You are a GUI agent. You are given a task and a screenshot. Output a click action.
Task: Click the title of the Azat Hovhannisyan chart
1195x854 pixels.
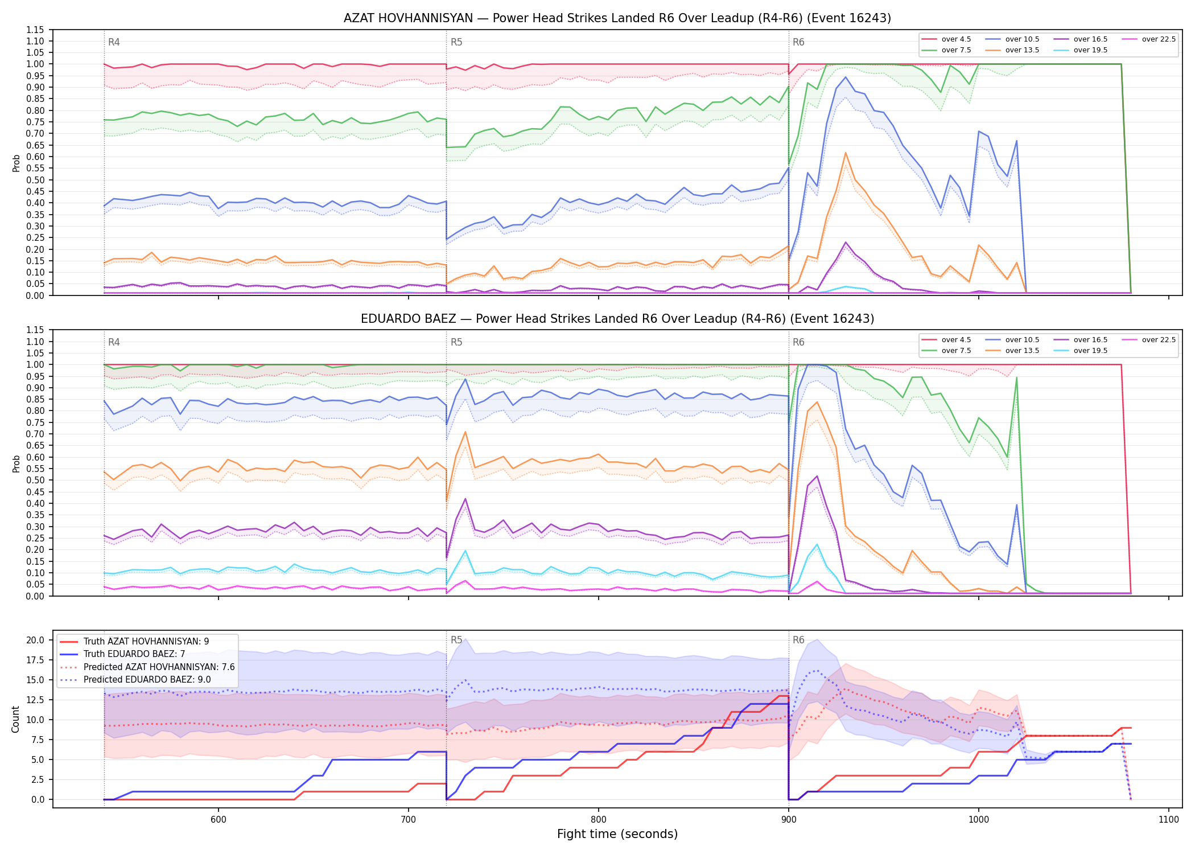(x=617, y=18)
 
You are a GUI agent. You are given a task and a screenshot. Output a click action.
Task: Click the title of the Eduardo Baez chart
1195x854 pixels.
(x=617, y=319)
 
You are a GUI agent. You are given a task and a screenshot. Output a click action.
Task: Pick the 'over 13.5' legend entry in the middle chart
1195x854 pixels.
(x=1012, y=351)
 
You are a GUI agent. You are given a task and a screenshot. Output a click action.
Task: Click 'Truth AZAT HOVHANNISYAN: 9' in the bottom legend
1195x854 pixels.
(x=134, y=642)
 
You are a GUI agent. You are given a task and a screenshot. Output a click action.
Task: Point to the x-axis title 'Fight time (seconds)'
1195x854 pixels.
(x=617, y=834)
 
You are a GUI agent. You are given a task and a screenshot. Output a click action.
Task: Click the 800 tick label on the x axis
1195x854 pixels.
(x=598, y=819)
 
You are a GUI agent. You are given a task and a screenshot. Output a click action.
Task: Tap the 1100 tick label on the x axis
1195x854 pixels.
(x=1168, y=819)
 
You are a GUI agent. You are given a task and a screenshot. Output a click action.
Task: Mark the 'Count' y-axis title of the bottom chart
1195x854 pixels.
(x=15, y=720)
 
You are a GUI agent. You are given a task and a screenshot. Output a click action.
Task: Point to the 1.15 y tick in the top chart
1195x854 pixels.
(x=35, y=30)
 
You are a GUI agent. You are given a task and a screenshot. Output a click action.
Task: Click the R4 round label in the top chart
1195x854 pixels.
(x=114, y=42)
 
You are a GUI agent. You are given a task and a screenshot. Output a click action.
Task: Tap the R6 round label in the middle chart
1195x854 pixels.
(x=798, y=342)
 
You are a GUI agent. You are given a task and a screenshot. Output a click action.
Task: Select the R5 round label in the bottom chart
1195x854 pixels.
(x=456, y=640)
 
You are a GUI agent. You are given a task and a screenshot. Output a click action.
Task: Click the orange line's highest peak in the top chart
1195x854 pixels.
(x=846, y=153)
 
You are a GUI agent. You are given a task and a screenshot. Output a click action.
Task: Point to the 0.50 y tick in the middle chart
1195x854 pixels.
(x=35, y=480)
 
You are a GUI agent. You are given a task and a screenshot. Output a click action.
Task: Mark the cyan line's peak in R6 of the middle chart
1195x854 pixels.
(x=817, y=544)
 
